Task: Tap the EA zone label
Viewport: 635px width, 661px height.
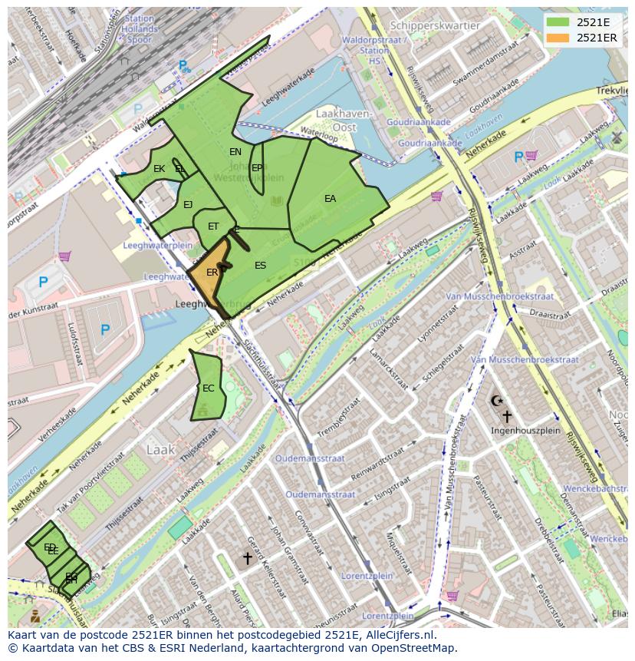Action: coord(330,199)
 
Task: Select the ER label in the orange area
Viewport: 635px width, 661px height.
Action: coord(212,273)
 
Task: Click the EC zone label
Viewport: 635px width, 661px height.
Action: coord(208,388)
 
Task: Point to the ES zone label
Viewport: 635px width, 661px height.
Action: coord(260,266)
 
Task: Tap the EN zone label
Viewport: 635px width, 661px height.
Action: coord(235,152)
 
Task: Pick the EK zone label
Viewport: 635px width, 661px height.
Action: coord(159,169)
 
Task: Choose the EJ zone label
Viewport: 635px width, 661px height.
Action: coord(188,205)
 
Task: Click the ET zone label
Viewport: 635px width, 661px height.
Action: coord(213,226)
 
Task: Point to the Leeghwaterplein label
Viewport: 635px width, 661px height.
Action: coord(157,246)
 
